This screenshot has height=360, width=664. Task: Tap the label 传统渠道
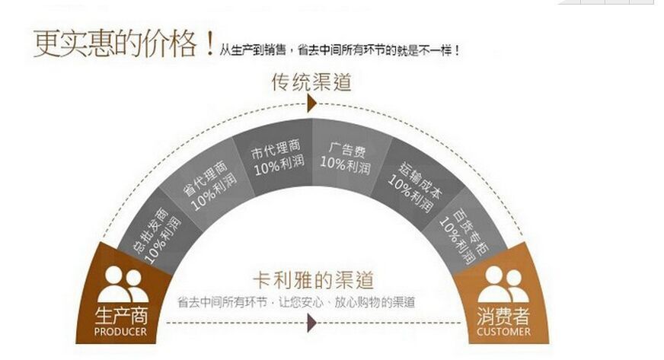coord(312,81)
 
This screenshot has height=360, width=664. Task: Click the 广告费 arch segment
coord(345,155)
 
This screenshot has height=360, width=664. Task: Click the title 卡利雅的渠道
coord(312,279)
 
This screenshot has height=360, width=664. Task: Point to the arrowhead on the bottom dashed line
coord(311,324)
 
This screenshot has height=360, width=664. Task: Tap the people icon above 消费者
coord(503,285)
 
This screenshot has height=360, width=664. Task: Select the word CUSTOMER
coord(503,332)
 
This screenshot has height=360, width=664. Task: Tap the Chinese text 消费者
coord(503,316)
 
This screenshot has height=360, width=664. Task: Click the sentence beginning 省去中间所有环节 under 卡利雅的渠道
coord(296,301)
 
